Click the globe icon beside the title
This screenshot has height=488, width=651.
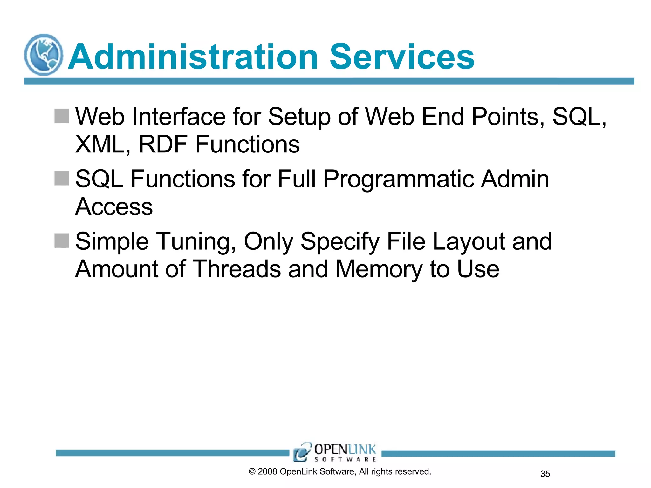point(44,55)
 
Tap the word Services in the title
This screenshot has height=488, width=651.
point(402,57)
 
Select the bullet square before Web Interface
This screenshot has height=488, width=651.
point(62,116)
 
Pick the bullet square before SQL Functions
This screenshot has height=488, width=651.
point(62,178)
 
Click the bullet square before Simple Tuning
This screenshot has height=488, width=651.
point(62,241)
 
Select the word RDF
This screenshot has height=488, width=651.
point(163,145)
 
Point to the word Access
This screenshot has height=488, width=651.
point(114,207)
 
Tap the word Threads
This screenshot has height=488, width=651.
point(237,269)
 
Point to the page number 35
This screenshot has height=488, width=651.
point(545,474)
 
